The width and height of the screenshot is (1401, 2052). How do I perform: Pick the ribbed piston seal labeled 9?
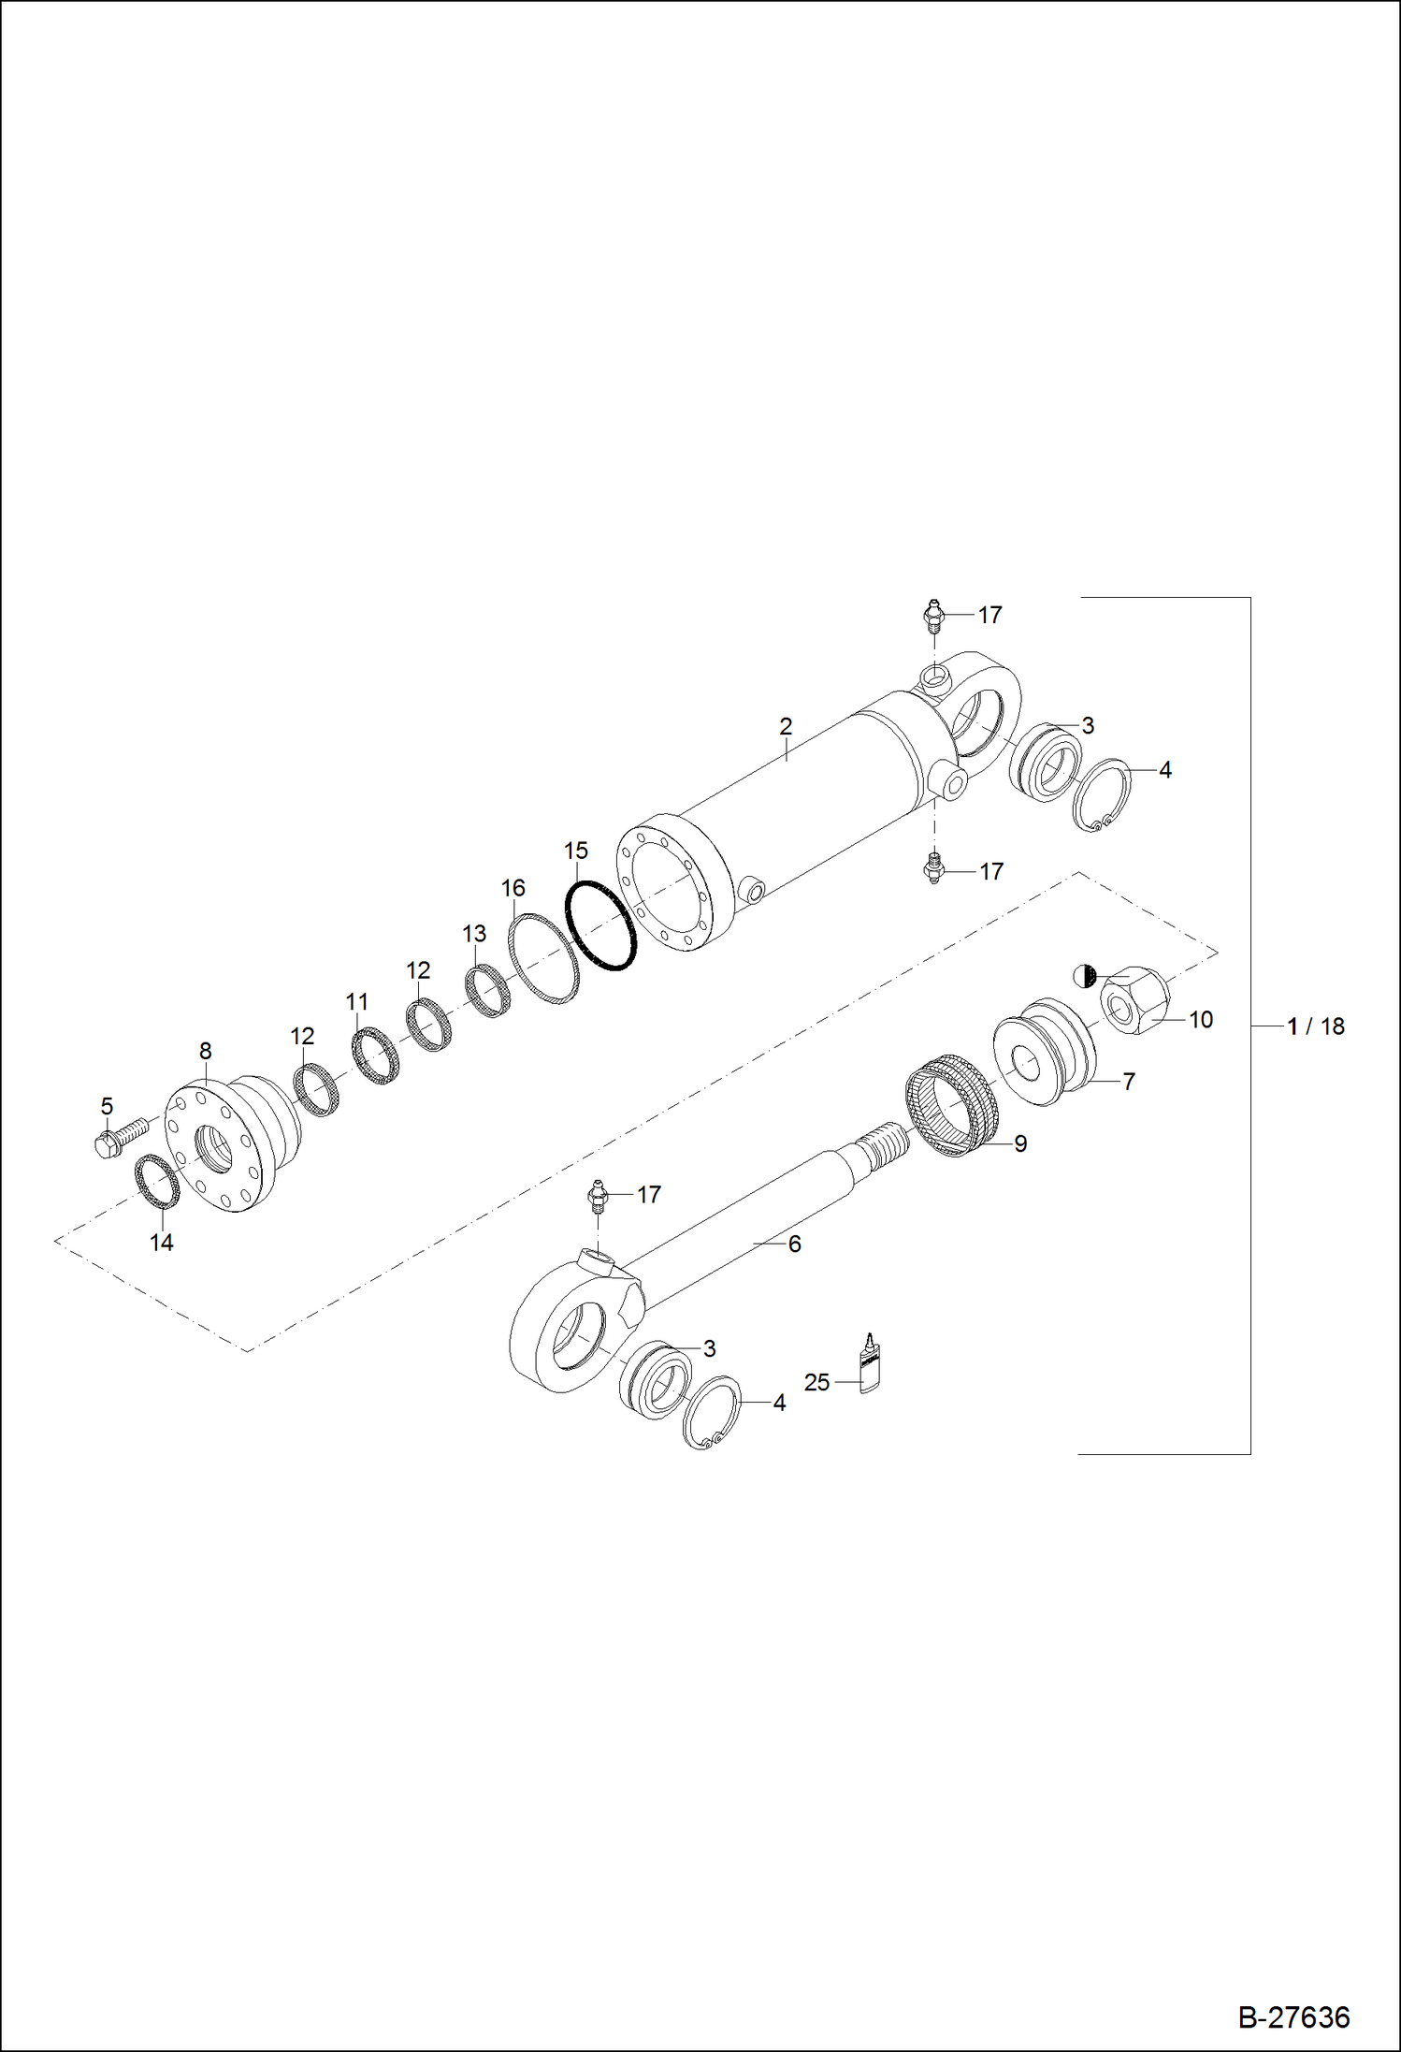pyautogui.click(x=952, y=1104)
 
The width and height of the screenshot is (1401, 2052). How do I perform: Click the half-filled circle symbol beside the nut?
pyautogui.click(x=1084, y=975)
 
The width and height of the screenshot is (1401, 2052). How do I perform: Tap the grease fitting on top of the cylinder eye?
pyautogui.click(x=933, y=618)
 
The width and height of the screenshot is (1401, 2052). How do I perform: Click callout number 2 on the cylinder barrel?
pyautogui.click(x=786, y=726)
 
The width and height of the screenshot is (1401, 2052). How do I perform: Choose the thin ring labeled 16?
pyautogui.click(x=543, y=959)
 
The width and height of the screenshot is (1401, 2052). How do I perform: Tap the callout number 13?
pyautogui.click(x=474, y=933)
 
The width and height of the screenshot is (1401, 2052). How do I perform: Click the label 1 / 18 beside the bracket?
pyautogui.click(x=1316, y=1026)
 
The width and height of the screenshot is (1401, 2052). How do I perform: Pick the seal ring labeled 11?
pyautogui.click(x=375, y=1056)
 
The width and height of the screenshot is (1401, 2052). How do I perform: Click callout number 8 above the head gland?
pyautogui.click(x=206, y=1051)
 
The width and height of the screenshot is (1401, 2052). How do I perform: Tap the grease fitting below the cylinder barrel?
pyautogui.click(x=933, y=867)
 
